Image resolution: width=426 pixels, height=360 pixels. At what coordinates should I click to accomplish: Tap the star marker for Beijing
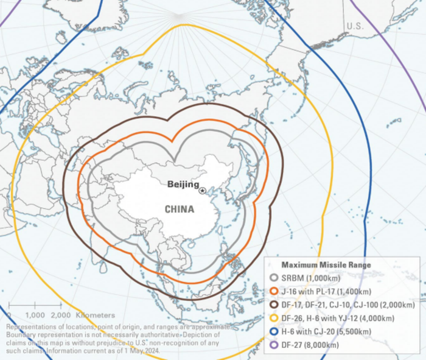coord(203,191)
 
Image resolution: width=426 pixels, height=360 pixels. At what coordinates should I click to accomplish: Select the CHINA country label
coord(179,209)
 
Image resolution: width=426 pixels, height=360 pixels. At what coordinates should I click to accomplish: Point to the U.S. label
coord(355,26)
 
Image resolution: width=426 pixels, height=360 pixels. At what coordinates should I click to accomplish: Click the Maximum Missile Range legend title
coord(326,265)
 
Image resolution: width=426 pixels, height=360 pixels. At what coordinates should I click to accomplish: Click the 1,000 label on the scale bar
coord(35,315)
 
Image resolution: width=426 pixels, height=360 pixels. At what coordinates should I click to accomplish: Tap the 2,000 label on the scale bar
coord(61,315)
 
